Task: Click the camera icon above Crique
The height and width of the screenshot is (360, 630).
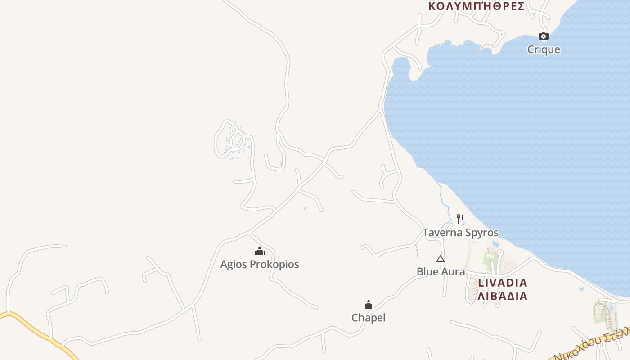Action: click(544, 36)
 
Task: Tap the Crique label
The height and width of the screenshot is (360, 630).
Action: click(544, 49)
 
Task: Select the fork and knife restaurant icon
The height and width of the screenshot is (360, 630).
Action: click(460, 219)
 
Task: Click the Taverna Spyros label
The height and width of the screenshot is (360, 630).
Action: click(460, 233)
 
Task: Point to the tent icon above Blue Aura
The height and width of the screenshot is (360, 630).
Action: click(441, 259)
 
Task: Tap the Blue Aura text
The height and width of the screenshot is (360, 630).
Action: click(441, 271)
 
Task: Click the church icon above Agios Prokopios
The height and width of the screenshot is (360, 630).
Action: click(260, 251)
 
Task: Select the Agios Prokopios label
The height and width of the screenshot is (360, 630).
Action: click(260, 264)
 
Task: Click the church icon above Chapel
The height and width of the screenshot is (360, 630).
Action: click(369, 305)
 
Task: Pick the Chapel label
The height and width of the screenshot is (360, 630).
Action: click(369, 318)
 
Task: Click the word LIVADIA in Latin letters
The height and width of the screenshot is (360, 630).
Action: click(502, 283)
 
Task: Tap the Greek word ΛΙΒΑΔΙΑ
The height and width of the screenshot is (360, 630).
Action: click(502, 296)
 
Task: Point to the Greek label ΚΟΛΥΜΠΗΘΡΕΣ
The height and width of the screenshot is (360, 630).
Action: click(476, 6)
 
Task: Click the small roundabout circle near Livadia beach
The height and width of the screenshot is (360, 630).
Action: click(500, 252)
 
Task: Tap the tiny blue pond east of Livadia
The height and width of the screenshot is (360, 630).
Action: click(582, 288)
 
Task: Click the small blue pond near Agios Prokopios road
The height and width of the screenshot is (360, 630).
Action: click(305, 208)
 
